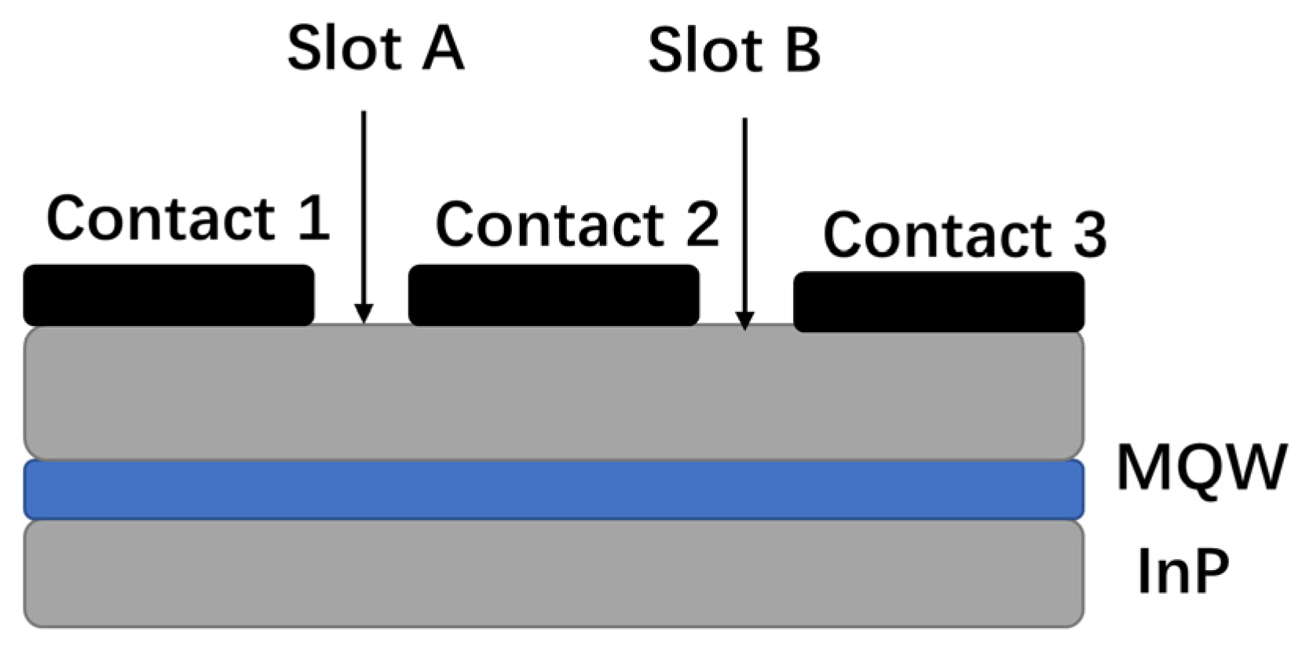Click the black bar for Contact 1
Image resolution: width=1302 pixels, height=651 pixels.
[168, 295]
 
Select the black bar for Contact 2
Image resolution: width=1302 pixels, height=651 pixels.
[554, 295]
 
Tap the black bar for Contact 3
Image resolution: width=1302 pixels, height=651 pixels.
[938, 302]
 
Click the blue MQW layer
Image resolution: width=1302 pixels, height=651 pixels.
[554, 490]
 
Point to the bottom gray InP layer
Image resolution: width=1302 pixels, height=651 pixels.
[554, 574]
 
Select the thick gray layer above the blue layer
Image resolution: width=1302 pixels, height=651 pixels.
[554, 393]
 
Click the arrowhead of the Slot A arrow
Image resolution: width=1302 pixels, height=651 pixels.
[363, 314]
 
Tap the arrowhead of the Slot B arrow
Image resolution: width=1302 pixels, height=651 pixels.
[744, 320]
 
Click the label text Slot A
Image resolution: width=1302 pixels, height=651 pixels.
[375, 49]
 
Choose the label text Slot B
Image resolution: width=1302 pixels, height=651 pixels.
[734, 50]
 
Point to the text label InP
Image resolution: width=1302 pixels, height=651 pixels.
[1183, 572]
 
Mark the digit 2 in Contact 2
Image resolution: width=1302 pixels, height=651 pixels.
[700, 225]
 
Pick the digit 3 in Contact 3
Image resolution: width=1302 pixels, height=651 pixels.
[1089, 234]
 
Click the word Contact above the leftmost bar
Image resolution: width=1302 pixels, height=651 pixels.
[161, 218]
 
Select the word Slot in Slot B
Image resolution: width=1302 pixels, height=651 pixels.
[705, 50]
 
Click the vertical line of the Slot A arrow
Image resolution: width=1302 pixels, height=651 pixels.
[364, 204]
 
